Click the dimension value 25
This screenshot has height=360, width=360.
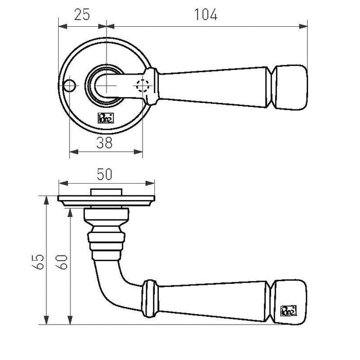[82, 14]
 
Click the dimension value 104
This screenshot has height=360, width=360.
[206, 14]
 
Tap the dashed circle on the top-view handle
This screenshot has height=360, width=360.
[142, 86]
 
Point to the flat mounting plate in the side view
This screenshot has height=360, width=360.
[107, 200]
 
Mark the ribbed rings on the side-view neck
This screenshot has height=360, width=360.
[107, 242]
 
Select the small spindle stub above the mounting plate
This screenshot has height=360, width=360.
[107, 192]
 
